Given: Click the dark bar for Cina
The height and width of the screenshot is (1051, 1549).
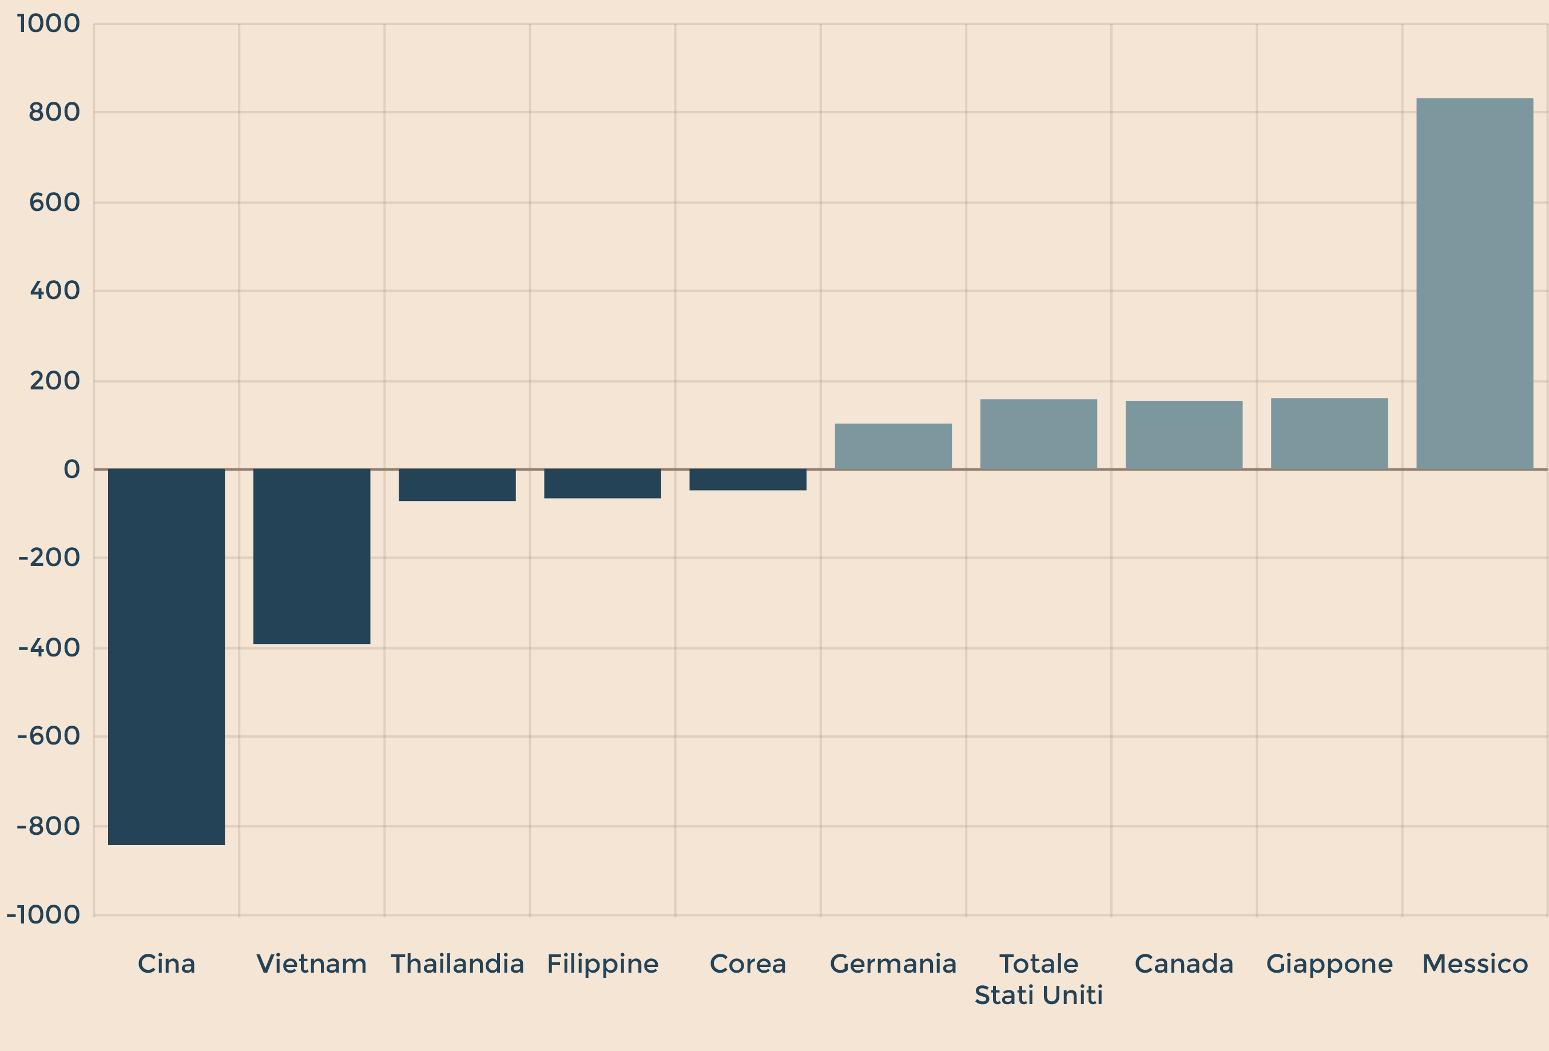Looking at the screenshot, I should pyautogui.click(x=166, y=656).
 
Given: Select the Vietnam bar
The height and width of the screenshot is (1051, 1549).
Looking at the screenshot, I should pyautogui.click(x=311, y=556).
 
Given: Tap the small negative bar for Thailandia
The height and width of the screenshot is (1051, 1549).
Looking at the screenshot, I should pyautogui.click(x=456, y=484).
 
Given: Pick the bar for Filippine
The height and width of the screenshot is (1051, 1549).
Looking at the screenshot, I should pyautogui.click(x=602, y=483).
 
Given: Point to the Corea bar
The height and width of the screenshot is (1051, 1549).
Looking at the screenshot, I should pyautogui.click(x=747, y=479).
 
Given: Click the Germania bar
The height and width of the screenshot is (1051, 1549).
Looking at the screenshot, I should pyautogui.click(x=893, y=446).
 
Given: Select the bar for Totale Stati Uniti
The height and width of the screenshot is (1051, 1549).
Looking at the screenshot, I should pyautogui.click(x=1038, y=434).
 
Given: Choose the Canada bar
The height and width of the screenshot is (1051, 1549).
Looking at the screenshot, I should pyautogui.click(x=1183, y=435).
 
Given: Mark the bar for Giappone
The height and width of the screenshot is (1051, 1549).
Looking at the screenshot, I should pyautogui.click(x=1329, y=433).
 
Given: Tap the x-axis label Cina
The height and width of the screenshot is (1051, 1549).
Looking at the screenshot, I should pyautogui.click(x=166, y=964).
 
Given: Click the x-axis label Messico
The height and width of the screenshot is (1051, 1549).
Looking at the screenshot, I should pyautogui.click(x=1474, y=964).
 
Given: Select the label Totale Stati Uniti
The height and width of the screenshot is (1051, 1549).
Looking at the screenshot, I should pyautogui.click(x=1038, y=979).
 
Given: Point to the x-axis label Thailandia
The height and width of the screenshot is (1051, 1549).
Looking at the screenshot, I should pyautogui.click(x=456, y=964).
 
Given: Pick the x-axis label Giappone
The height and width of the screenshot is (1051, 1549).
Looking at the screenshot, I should pyautogui.click(x=1329, y=964).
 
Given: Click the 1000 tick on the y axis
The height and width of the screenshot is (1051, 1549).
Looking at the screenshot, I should pyautogui.click(x=48, y=24).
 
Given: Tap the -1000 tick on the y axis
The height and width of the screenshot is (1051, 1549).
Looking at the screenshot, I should pyautogui.click(x=43, y=914).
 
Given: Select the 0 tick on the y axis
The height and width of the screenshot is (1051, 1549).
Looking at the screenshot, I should pyautogui.click(x=72, y=469).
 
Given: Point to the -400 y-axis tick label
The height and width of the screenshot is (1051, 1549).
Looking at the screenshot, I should pyautogui.click(x=49, y=647).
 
